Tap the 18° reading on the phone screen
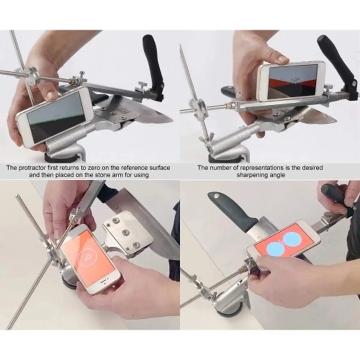tap(295, 80)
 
